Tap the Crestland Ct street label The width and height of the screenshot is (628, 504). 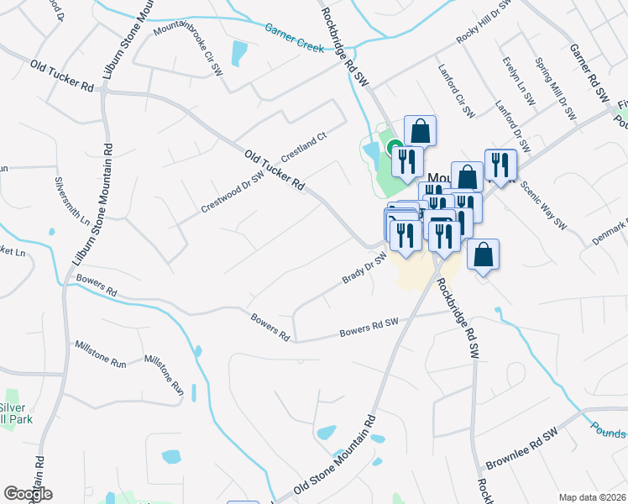[303, 148]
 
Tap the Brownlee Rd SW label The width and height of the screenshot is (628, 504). [521, 459]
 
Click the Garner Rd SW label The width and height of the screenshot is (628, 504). [589, 75]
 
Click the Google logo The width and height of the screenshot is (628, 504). [28, 494]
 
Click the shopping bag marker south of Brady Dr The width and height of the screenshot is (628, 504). [483, 255]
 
